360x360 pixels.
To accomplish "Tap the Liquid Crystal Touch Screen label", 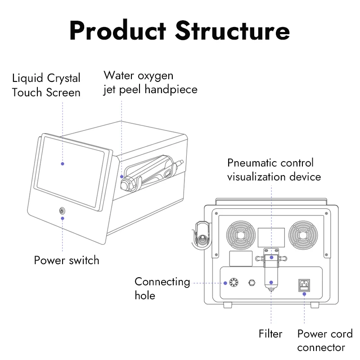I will coord(46,85).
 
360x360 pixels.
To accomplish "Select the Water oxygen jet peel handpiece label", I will coord(150,82).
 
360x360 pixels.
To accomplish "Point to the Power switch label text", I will coord(67,260).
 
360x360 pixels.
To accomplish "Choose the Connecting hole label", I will coord(162,288).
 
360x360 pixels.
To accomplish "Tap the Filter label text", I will coord(270,333).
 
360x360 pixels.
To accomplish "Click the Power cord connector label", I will coord(324,341).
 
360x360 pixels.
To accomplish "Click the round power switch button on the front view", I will coord(62,210).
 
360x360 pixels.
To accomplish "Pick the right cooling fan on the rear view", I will coord(305,235).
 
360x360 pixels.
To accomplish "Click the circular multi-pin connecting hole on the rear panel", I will coord(233,283).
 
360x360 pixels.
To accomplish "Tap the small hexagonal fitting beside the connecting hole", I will coord(252,283).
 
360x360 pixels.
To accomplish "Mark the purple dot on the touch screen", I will coord(63,164).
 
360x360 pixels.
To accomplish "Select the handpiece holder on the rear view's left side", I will coord(201,234).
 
